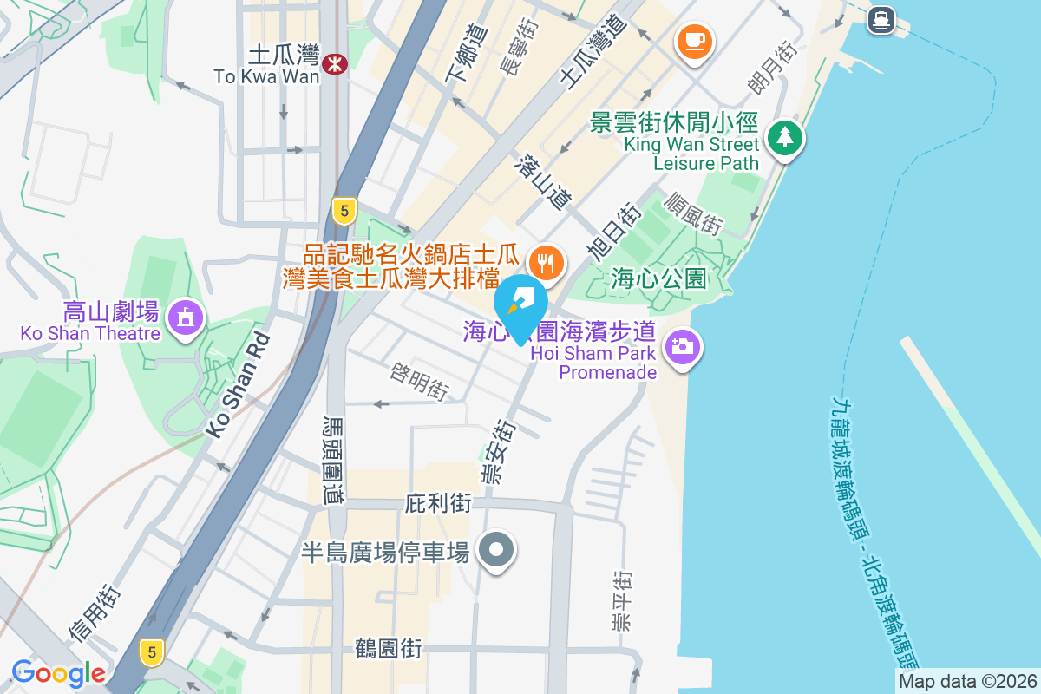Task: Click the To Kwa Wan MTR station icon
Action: pyautogui.click(x=334, y=63)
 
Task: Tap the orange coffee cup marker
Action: pyautogui.click(x=694, y=40)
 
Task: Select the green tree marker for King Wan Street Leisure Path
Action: pyautogui.click(x=785, y=137)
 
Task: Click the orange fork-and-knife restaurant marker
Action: pyautogui.click(x=545, y=259)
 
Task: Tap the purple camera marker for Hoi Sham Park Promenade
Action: pyautogui.click(x=682, y=346)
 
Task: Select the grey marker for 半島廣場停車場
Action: pyautogui.click(x=497, y=549)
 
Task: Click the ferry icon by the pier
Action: pyautogui.click(x=881, y=18)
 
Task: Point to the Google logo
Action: pyautogui.click(x=58, y=673)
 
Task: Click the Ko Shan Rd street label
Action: pyautogui.click(x=237, y=387)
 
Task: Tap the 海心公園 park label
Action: pyautogui.click(x=658, y=278)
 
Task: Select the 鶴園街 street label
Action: pyautogui.click(x=389, y=648)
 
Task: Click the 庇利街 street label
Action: pyautogui.click(x=438, y=503)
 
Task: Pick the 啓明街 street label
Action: pyautogui.click(x=419, y=383)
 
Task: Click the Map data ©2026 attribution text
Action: pyautogui.click(x=967, y=681)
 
